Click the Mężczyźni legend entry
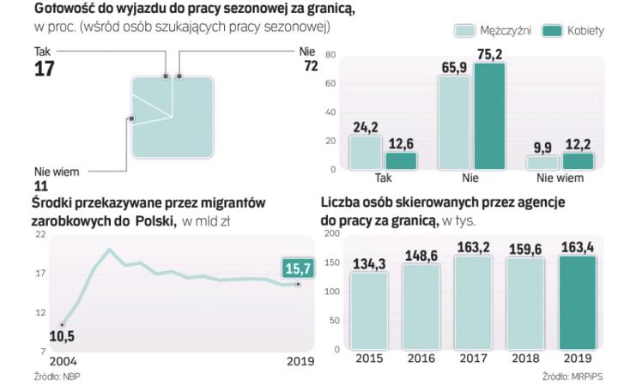[492, 31]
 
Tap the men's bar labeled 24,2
[365, 153]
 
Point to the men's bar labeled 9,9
[542, 162]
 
